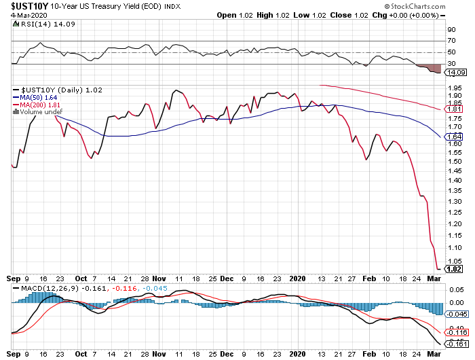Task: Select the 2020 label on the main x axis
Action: (299, 277)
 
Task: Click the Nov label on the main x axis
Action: (160, 277)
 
